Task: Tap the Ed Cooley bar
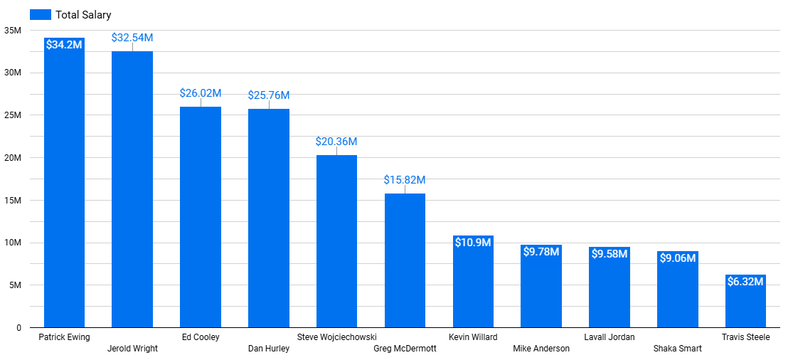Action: pos(201,217)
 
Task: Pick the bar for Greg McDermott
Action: pos(405,260)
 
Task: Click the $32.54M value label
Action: pos(132,38)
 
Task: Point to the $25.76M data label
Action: pos(269,95)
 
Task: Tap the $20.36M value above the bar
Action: pos(336,142)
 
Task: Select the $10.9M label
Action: pos(473,243)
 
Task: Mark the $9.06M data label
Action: pos(677,258)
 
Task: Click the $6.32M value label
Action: pos(745,282)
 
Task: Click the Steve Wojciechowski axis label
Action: pos(337,337)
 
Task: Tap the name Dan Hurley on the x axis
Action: pos(269,349)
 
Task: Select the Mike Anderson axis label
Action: pos(541,349)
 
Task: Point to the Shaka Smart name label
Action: pos(677,349)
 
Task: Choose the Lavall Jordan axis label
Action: pos(610,337)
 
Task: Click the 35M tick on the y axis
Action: pos(13,31)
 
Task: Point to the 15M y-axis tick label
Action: pos(13,201)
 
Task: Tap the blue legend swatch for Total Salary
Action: pos(41,15)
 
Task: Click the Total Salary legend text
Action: pos(83,15)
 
